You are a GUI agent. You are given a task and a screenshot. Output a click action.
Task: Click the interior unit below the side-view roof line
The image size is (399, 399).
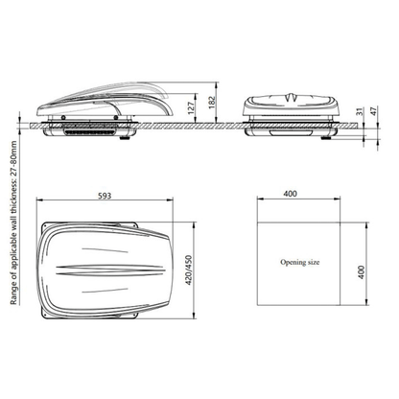pos(96,130)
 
